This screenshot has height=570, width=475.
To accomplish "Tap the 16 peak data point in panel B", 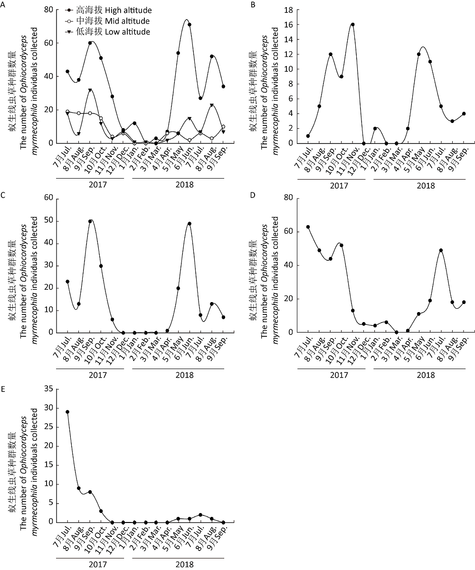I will pyautogui.click(x=352, y=24).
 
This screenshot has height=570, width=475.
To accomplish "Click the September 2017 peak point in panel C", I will pyautogui.click(x=90, y=221).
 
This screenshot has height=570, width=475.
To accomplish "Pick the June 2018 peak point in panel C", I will pyautogui.click(x=189, y=223).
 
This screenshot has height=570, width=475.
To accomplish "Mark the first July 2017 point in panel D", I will pyautogui.click(x=308, y=227).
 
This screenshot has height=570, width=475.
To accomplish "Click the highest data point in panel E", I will pyautogui.click(x=67, y=412).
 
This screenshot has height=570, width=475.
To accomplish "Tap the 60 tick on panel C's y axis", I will pyautogui.click(x=48, y=199).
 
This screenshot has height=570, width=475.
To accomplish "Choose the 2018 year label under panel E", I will pyautogui.click(x=184, y=565).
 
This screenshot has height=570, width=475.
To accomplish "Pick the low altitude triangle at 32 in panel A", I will pyautogui.click(x=90, y=90).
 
